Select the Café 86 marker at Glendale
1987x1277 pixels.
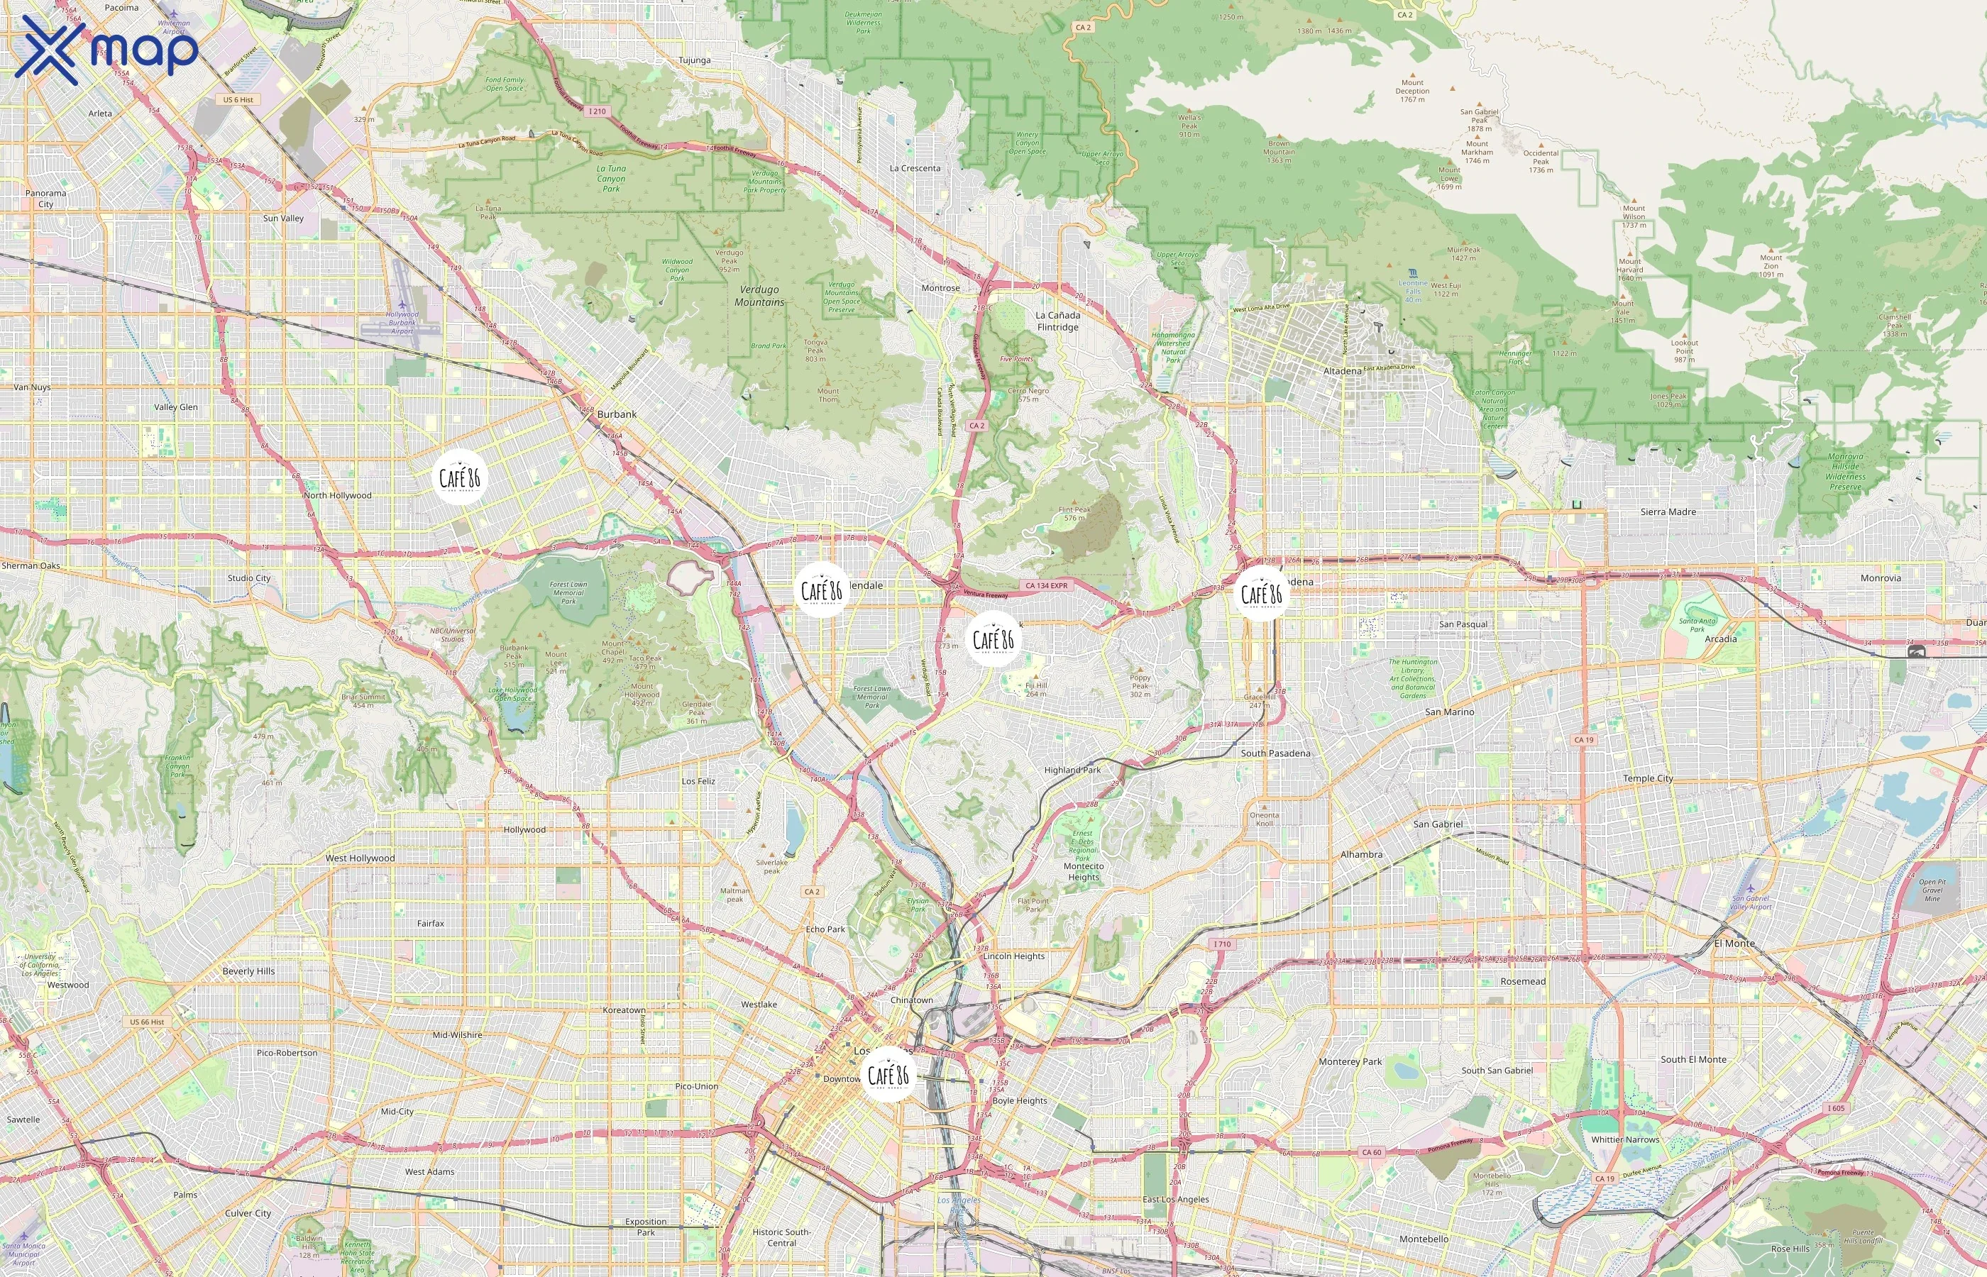coord(821,590)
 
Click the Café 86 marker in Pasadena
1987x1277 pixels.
coord(1260,594)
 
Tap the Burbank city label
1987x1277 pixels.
coord(617,414)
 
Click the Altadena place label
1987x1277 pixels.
coord(1342,370)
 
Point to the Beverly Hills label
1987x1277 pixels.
coord(248,971)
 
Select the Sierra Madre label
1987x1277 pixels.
coord(1668,512)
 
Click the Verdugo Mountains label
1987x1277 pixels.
coord(759,296)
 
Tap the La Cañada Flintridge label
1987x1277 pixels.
coord(1057,321)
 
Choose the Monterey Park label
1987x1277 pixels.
coord(1350,1061)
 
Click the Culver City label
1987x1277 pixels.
coord(248,1213)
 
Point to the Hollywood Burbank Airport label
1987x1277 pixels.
coord(402,323)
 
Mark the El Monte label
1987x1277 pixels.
coord(1734,943)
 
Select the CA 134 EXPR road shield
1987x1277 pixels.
coord(1047,585)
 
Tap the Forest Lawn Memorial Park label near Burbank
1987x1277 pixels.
coord(568,592)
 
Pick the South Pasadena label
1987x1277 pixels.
coord(1275,753)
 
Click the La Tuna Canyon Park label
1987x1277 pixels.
coord(611,178)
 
